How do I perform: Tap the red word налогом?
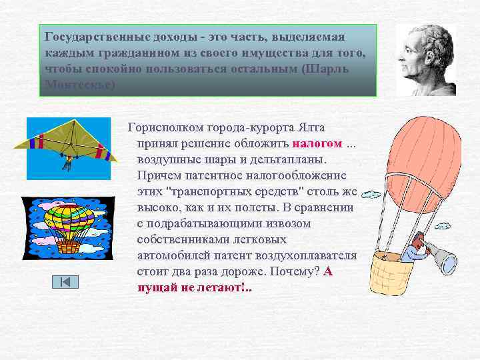coord(317,143)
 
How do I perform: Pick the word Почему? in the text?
coord(295,271)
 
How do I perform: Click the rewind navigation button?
coord(65,282)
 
